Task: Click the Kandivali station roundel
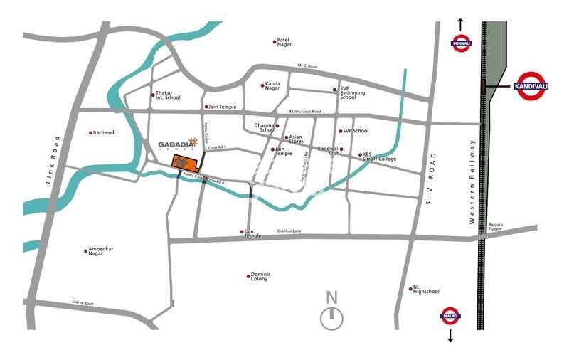(531, 86)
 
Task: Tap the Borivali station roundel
(460, 43)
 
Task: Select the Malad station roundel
(450, 315)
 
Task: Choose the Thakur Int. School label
(168, 95)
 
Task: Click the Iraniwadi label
(105, 132)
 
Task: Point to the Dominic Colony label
(260, 277)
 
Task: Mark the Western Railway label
(472, 181)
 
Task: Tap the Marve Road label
(82, 303)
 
